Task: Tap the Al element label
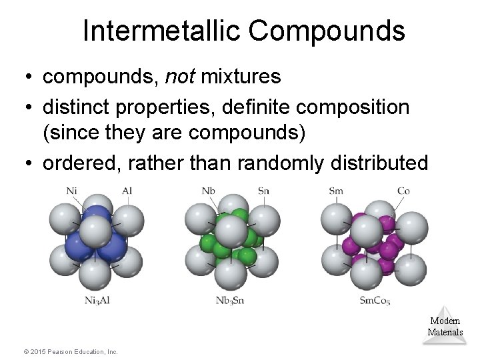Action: (127, 191)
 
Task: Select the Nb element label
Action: (209, 191)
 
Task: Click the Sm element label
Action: (337, 191)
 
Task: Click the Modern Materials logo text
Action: (445, 326)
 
